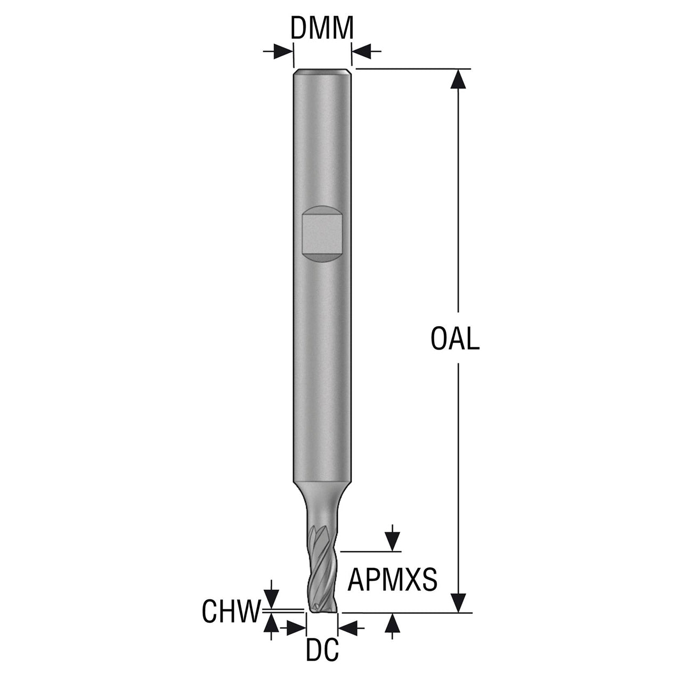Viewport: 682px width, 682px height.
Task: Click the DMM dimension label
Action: point(322,28)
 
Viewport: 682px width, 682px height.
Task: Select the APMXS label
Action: point(393,580)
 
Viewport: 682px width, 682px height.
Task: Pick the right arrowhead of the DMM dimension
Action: point(361,52)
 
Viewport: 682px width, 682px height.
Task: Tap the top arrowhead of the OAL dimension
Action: point(458,78)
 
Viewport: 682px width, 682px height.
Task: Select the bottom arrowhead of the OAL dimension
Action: point(458,603)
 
